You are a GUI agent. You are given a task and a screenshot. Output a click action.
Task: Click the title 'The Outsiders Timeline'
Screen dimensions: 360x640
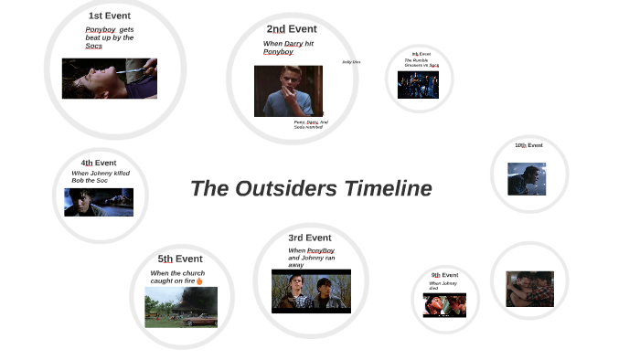[x=311, y=188]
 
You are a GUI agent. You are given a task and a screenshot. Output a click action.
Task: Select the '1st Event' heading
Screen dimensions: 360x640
[x=109, y=16]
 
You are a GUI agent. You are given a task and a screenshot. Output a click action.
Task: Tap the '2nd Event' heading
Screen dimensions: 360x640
[x=292, y=29]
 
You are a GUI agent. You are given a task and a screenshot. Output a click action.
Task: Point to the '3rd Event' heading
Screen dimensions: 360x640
[x=310, y=238]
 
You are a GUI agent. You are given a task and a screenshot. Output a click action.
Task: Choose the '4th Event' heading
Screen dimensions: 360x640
[x=99, y=163]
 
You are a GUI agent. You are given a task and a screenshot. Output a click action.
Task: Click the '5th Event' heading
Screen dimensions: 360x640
[x=180, y=259]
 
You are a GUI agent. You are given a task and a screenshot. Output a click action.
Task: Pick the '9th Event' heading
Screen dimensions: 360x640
[x=444, y=274]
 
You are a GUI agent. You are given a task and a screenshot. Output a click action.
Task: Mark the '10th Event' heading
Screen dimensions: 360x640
[x=528, y=145]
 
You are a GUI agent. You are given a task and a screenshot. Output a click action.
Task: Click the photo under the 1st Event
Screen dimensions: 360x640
[x=109, y=79]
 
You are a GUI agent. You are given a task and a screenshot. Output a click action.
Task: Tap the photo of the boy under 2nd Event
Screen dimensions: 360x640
[x=288, y=90]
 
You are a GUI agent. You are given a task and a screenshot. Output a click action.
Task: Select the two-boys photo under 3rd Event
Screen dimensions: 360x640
[x=311, y=291]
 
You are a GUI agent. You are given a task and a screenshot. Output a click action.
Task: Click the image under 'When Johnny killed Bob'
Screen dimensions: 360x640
[x=99, y=202]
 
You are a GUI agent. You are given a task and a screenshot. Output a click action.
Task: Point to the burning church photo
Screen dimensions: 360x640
[x=181, y=307]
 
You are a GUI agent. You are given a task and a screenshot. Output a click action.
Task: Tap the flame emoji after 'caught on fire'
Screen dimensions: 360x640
[x=199, y=281]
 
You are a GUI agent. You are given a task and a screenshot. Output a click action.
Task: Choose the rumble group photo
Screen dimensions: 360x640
[x=418, y=84]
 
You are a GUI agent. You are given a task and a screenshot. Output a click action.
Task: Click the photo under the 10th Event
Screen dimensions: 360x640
[x=527, y=179]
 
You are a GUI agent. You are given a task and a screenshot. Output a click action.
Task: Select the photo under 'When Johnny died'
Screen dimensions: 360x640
[x=444, y=304]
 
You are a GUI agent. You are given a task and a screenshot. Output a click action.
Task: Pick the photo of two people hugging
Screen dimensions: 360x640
[x=529, y=289]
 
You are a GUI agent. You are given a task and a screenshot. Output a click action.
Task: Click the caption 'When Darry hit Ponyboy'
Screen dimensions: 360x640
[x=288, y=48]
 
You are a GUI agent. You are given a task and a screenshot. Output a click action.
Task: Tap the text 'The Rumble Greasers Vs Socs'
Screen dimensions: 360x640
[x=421, y=63]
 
